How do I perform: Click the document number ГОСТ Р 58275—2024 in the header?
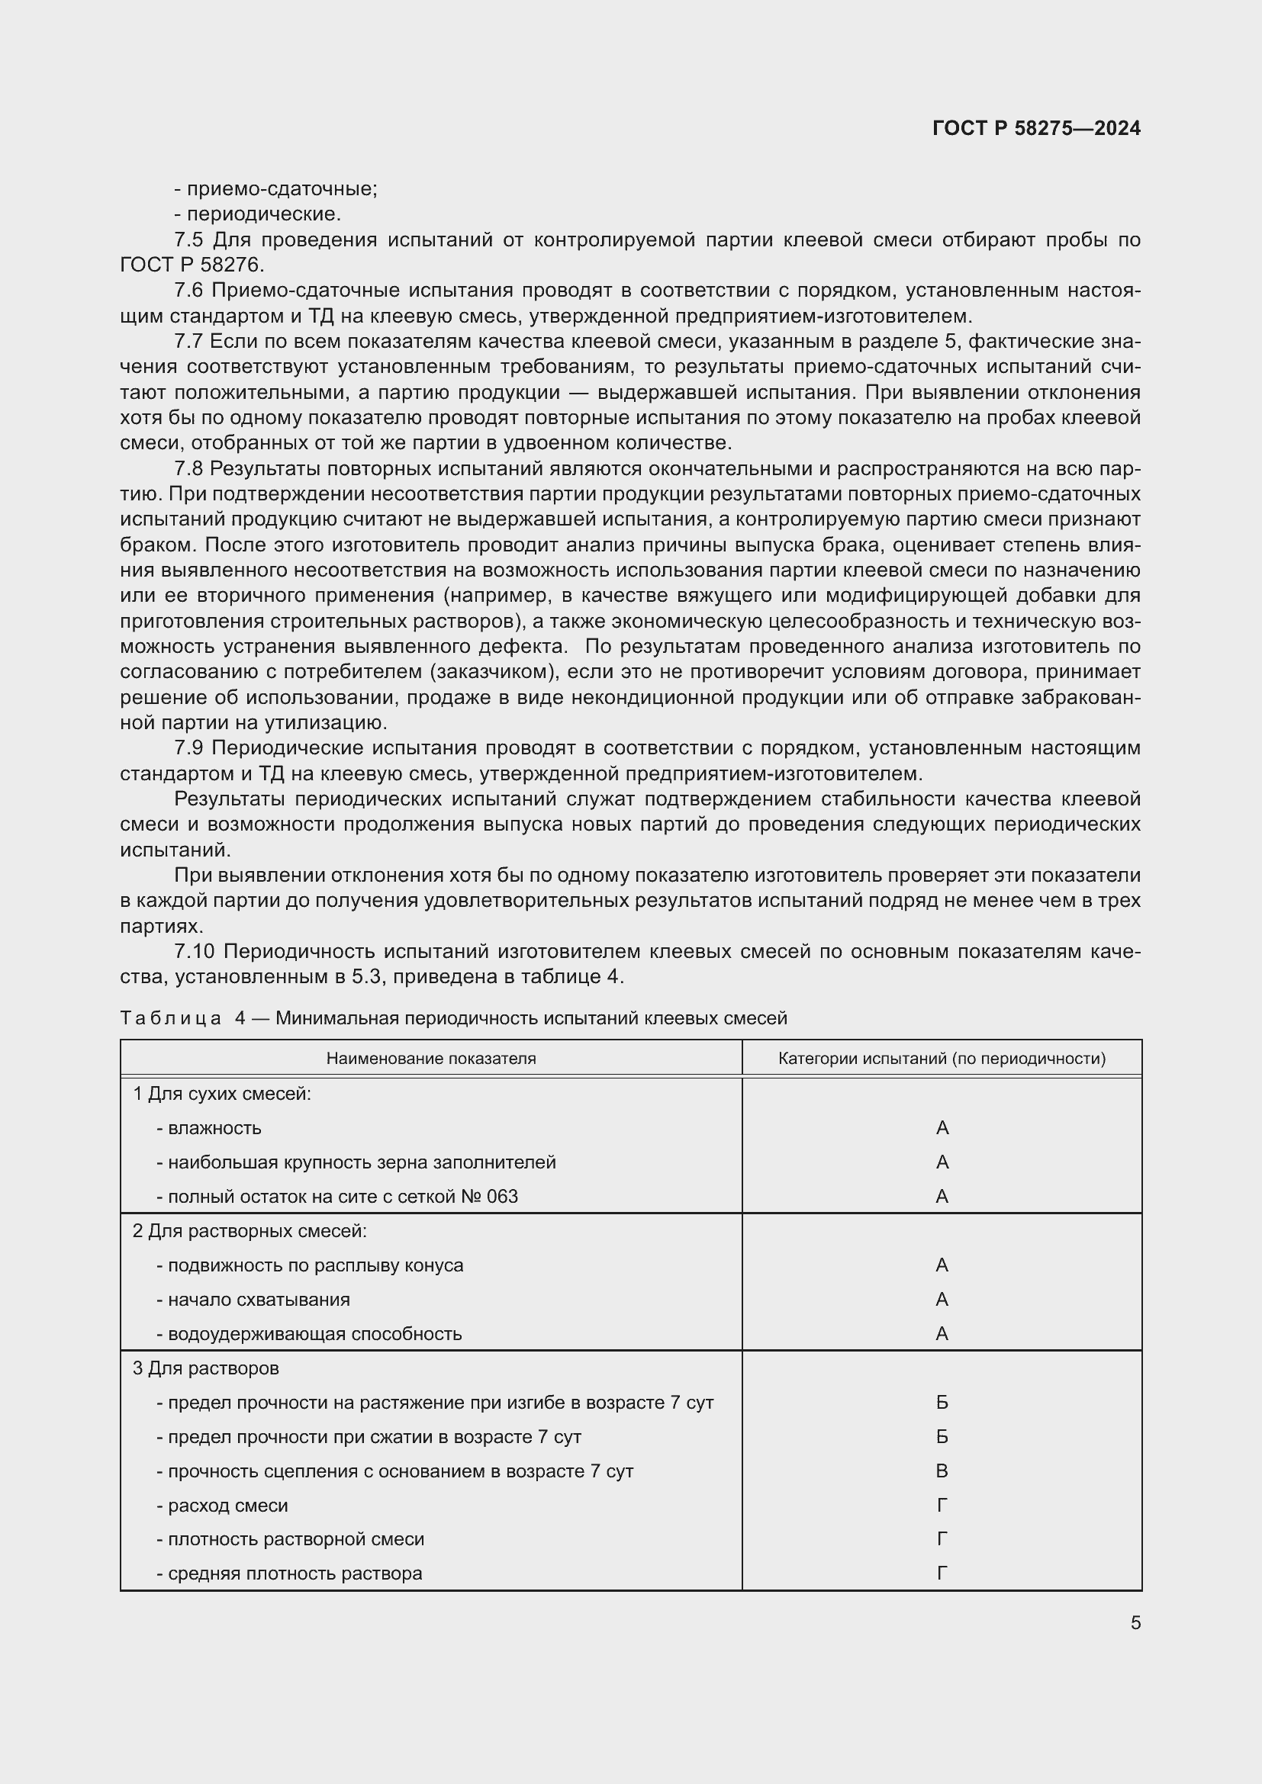[x=1036, y=128]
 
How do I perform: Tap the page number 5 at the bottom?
[x=1135, y=1622]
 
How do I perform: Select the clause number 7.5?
[x=188, y=240]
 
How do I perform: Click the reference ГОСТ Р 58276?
[x=192, y=265]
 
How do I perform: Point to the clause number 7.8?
[x=188, y=468]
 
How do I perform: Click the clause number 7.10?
[x=195, y=951]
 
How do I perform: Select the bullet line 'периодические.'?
[x=263, y=214]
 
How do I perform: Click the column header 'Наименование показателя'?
[x=430, y=1059]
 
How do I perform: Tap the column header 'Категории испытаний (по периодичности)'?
[x=942, y=1059]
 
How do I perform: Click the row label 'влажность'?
[x=214, y=1127]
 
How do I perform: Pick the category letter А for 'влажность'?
[x=942, y=1127]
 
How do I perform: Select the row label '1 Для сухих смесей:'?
[x=221, y=1093]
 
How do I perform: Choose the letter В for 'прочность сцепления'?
[x=942, y=1471]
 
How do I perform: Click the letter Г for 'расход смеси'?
[x=942, y=1505]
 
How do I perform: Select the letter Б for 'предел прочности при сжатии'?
[x=942, y=1437]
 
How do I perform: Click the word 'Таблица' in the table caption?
[x=171, y=1018]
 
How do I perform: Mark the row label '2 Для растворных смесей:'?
[x=250, y=1231]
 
